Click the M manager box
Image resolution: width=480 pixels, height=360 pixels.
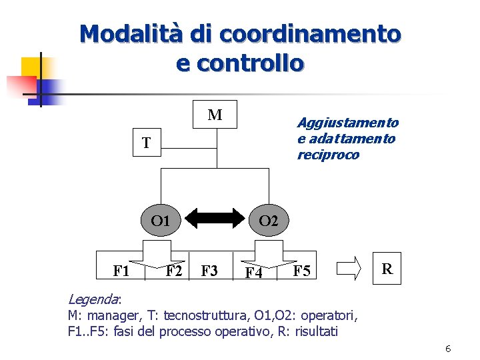[215, 115]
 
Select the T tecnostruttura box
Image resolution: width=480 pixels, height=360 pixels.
[146, 143]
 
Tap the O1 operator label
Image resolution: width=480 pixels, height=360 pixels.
[160, 221]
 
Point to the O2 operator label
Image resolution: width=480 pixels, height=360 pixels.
[268, 221]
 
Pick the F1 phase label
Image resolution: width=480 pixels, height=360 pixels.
[121, 271]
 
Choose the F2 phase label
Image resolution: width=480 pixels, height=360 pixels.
[175, 271]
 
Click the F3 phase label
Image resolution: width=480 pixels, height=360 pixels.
[209, 271]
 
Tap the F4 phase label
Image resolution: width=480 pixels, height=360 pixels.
[253, 273]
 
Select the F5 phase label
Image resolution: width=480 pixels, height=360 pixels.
[301, 271]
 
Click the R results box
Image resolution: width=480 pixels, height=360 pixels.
[386, 269]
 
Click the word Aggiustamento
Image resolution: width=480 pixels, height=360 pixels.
[347, 123]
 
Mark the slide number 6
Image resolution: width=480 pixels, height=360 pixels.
[448, 349]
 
